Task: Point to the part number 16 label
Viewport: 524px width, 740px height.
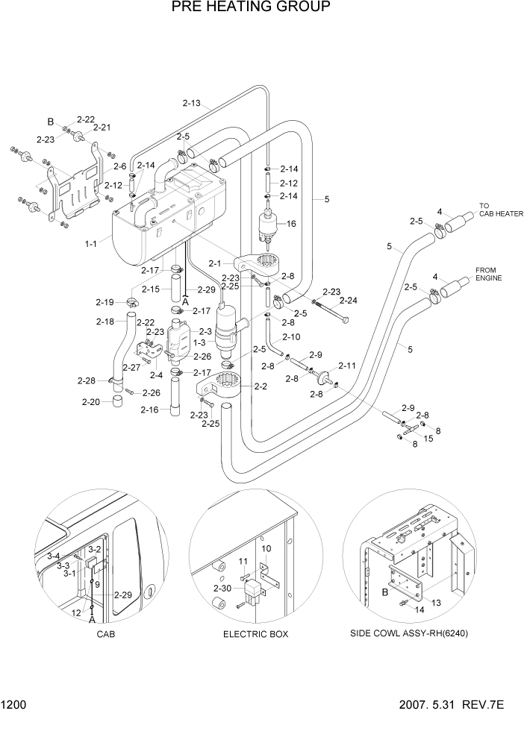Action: tap(291, 223)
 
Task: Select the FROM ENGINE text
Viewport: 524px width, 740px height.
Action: tap(489, 274)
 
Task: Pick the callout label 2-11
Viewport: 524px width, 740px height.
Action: tap(347, 366)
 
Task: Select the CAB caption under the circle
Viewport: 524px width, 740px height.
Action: tap(105, 634)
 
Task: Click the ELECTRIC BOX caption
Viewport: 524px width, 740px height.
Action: tap(255, 634)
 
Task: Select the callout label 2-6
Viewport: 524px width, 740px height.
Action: tap(120, 166)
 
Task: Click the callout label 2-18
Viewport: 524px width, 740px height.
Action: tap(105, 322)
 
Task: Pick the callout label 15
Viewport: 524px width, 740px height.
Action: tap(428, 439)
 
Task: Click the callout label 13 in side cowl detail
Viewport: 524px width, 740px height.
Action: tap(437, 602)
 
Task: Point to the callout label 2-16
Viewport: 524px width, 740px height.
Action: tap(150, 410)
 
